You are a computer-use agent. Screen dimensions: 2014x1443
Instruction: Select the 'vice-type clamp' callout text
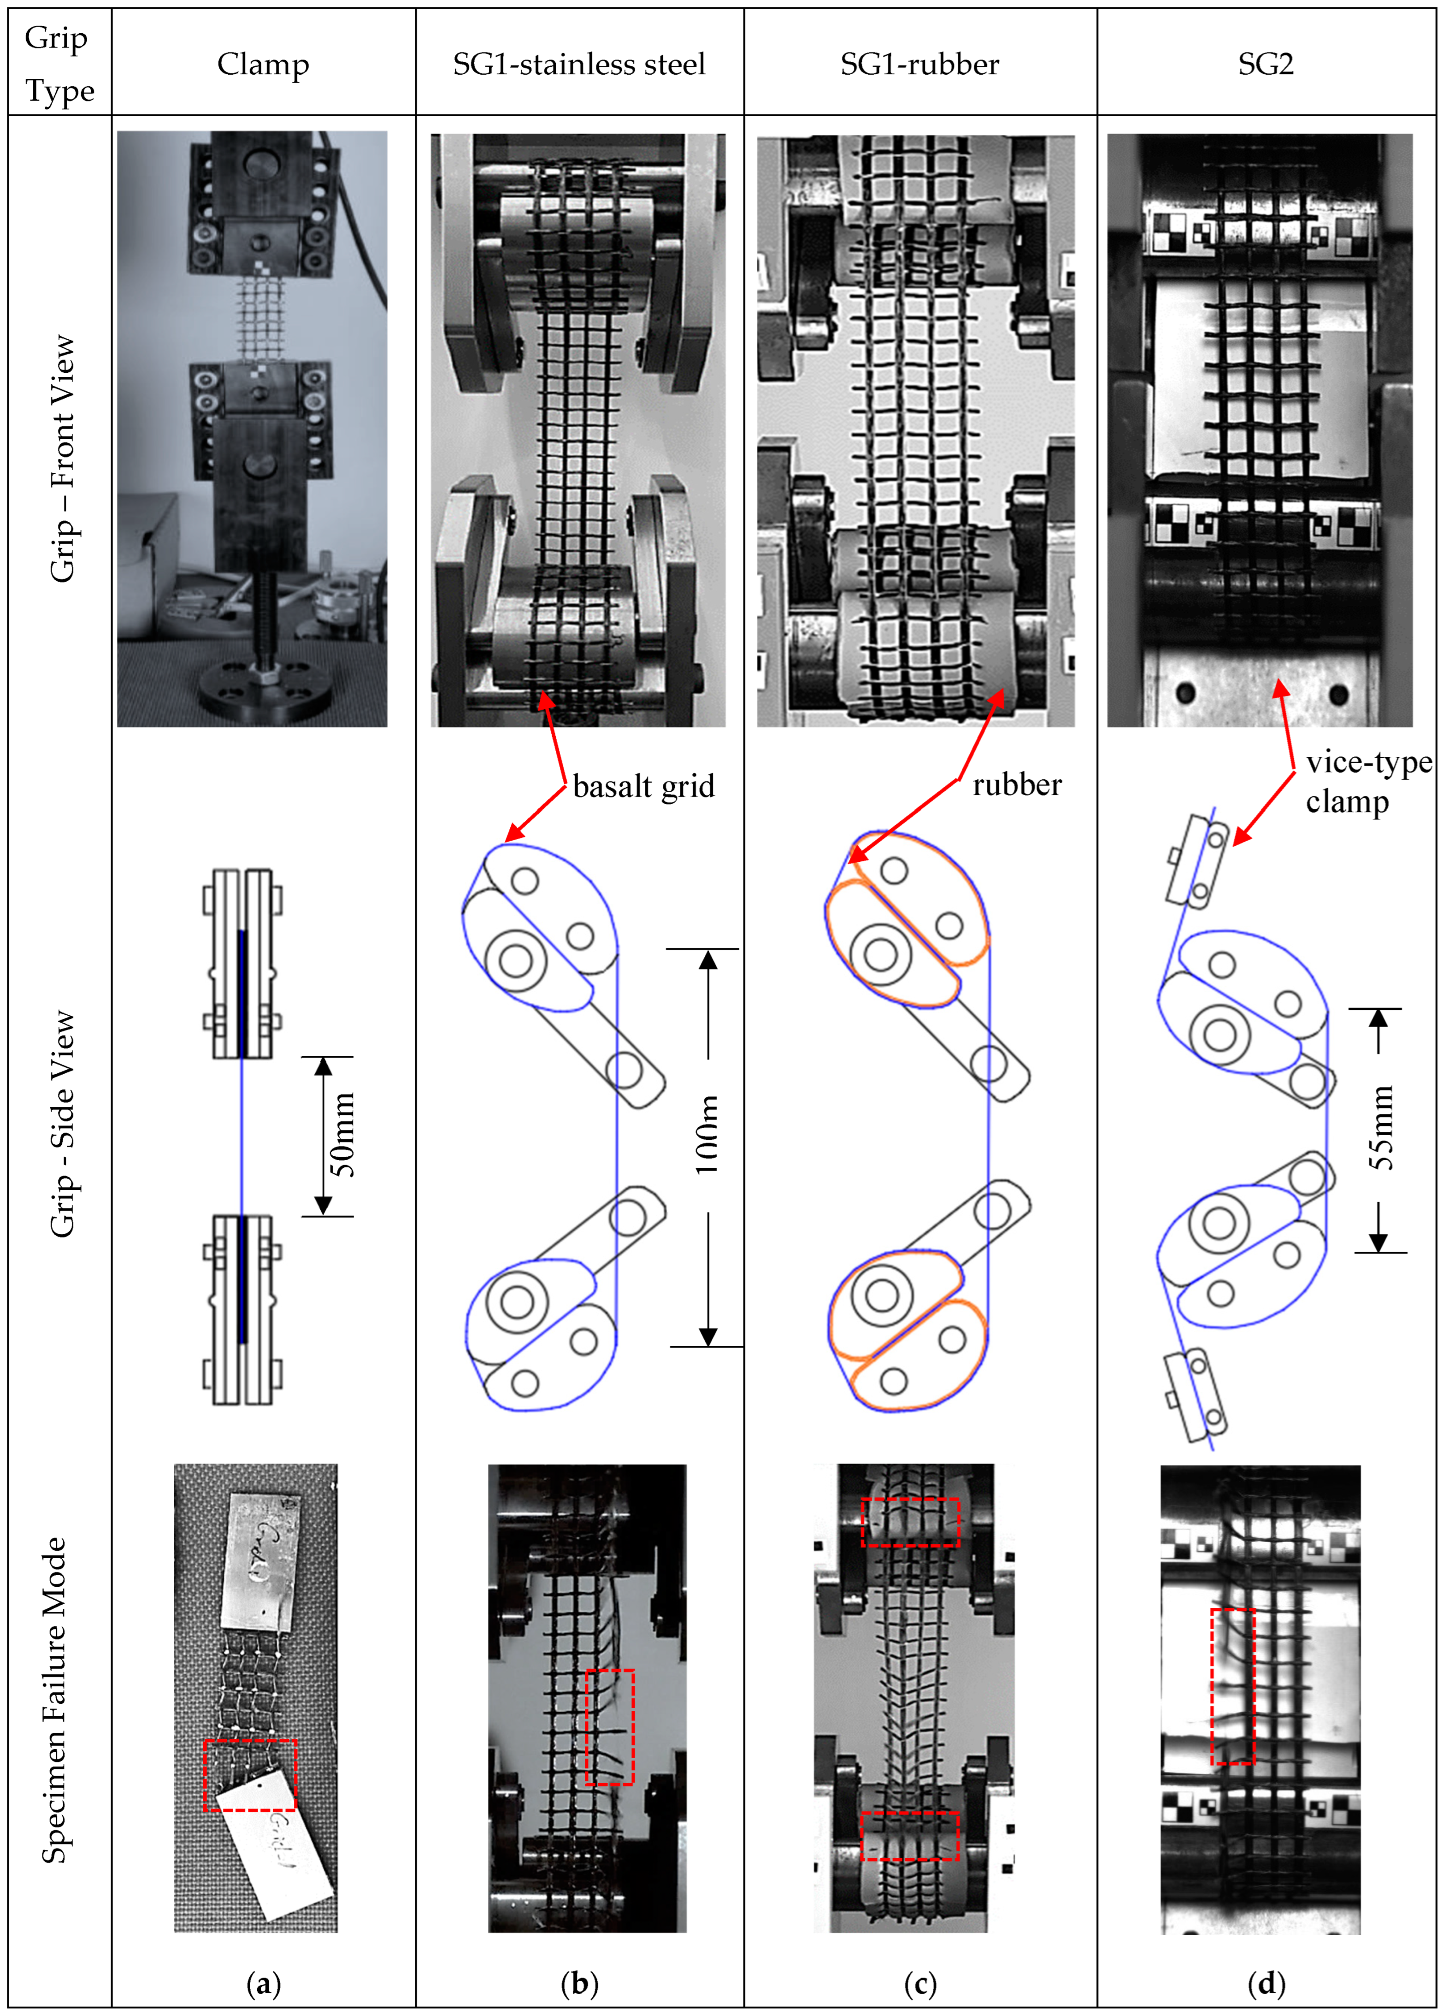(x=1367, y=782)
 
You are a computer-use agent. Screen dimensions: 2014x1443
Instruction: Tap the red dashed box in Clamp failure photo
(x=250, y=1774)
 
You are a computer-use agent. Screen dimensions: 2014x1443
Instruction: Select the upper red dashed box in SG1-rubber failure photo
(x=910, y=1522)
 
